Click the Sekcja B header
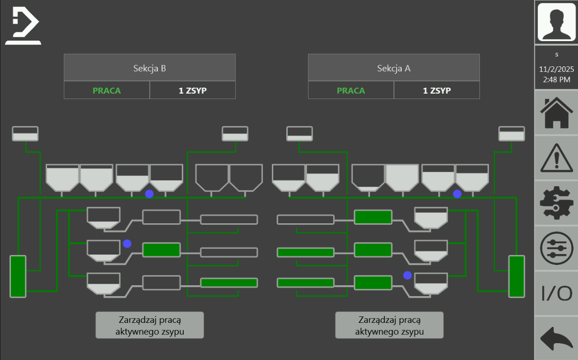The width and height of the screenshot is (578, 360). click(x=150, y=68)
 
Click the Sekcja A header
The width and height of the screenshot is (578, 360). click(x=394, y=68)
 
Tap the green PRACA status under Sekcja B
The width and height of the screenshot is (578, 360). click(x=106, y=91)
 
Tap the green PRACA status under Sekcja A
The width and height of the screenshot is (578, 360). click(x=351, y=91)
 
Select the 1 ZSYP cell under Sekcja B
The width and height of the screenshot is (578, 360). click(x=192, y=91)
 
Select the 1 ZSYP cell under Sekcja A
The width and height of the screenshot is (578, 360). click(x=436, y=91)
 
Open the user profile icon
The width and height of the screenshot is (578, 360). click(x=556, y=22)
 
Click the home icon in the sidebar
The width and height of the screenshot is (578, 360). click(x=556, y=113)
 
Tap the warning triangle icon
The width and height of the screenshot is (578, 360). click(x=556, y=158)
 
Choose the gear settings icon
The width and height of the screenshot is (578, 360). click(x=556, y=204)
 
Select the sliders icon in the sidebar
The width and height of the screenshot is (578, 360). click(x=556, y=249)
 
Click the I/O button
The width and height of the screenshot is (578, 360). click(x=556, y=294)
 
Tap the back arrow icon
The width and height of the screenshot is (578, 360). click(x=556, y=339)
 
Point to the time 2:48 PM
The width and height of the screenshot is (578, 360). click(x=557, y=79)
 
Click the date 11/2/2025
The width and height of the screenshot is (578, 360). click(x=557, y=69)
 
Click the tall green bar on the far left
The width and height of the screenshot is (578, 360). click(x=18, y=276)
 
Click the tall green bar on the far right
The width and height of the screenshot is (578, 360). click(x=517, y=276)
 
